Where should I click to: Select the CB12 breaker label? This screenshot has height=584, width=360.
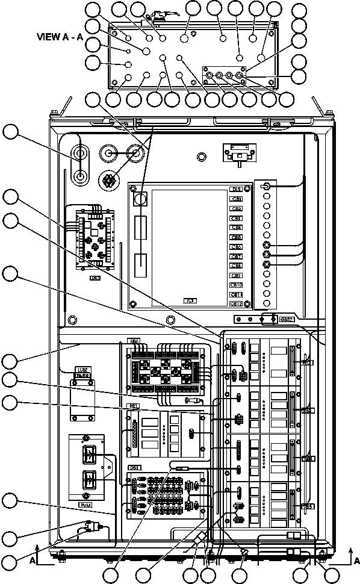(237, 304)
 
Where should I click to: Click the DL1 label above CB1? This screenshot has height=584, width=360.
(237, 189)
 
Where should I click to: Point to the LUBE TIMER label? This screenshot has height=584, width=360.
(82, 373)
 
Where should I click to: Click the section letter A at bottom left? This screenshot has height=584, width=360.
(31, 559)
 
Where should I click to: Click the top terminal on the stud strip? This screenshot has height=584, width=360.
(265, 188)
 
